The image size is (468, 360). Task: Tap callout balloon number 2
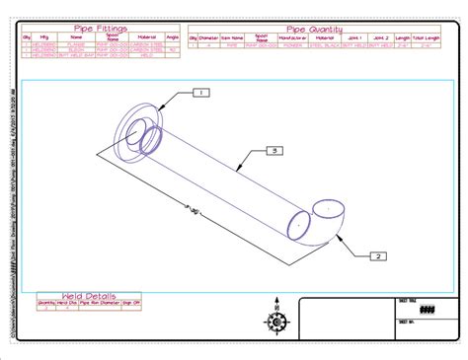376,256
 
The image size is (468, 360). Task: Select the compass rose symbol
274,321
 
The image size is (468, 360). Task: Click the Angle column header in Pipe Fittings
173,37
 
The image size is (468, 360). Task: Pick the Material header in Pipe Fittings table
144,37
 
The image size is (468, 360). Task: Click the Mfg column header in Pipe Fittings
44,37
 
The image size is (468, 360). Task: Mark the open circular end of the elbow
328,210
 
